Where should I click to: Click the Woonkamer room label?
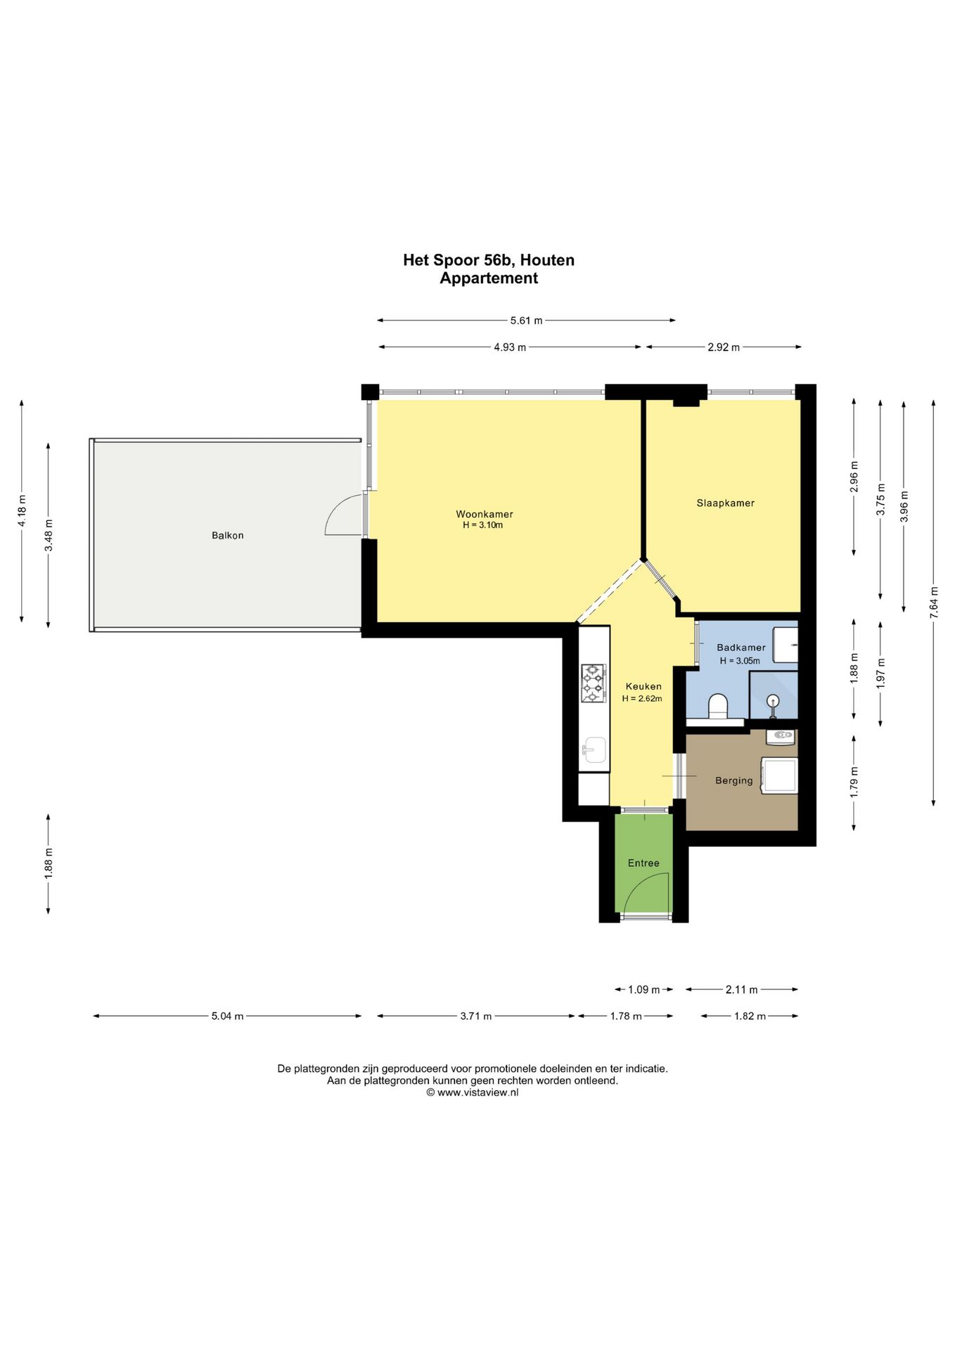coord(484,514)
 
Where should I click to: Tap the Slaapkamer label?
coord(725,503)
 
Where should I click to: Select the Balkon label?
coord(228,535)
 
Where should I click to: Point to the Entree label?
coord(643,863)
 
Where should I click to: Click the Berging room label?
coord(733,780)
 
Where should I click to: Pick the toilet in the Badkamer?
coord(718,706)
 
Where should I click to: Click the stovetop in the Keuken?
coord(593,683)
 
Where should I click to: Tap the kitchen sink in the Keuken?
coord(594,750)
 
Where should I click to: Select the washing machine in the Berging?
coord(780,775)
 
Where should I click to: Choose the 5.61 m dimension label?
coord(526,321)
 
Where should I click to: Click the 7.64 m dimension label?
coord(933,602)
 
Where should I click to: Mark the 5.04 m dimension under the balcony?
coord(227,1016)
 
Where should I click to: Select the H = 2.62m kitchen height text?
coord(642,699)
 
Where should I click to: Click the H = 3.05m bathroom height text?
coord(740,661)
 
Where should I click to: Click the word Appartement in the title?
coord(489,278)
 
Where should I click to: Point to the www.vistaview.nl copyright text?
coord(473,1093)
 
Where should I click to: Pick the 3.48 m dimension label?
coord(49,536)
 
